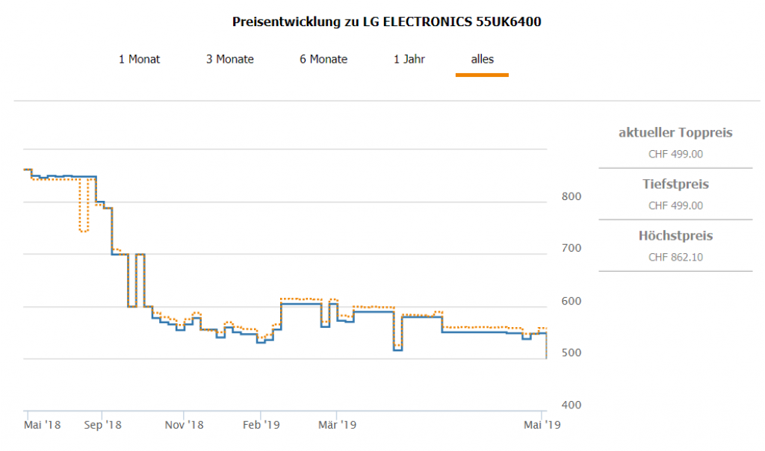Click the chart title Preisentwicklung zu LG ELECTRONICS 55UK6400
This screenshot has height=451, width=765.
click(x=387, y=22)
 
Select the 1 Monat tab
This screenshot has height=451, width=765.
click(x=139, y=59)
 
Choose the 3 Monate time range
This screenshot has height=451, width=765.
click(x=230, y=59)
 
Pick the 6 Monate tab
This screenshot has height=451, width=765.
click(x=323, y=59)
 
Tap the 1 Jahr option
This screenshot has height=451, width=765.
click(x=409, y=59)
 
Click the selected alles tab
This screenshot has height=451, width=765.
click(x=482, y=59)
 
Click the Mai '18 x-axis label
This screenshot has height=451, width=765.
click(x=43, y=425)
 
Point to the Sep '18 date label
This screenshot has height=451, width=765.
click(x=102, y=425)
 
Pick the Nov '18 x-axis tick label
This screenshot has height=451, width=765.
click(x=185, y=425)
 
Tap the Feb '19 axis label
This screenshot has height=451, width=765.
click(x=261, y=425)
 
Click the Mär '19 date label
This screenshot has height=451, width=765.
click(x=338, y=425)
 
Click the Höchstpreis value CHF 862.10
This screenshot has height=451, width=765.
click(x=675, y=258)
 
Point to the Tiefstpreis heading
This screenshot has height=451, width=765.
click(x=675, y=184)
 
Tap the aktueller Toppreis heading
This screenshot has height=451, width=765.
click(x=675, y=133)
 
